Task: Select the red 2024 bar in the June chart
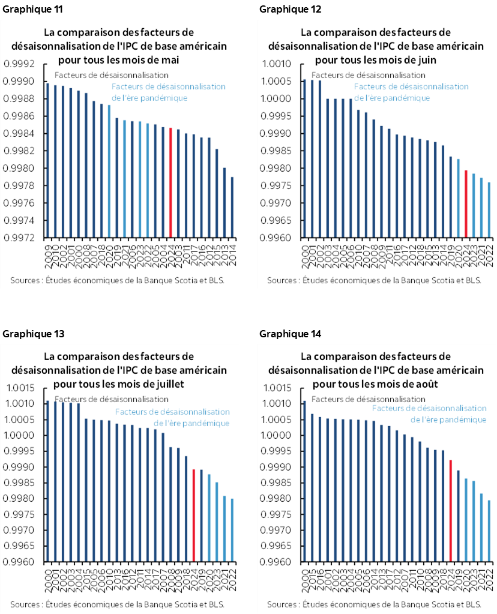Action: point(466,204)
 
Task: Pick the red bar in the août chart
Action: point(451,511)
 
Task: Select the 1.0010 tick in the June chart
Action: point(277,64)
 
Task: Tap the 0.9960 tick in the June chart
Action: point(277,238)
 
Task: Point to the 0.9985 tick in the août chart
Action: point(277,483)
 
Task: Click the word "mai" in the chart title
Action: point(170,60)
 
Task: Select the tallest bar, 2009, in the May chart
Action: point(47,160)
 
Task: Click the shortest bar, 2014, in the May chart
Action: point(232,207)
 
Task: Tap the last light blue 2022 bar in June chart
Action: point(489,210)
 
